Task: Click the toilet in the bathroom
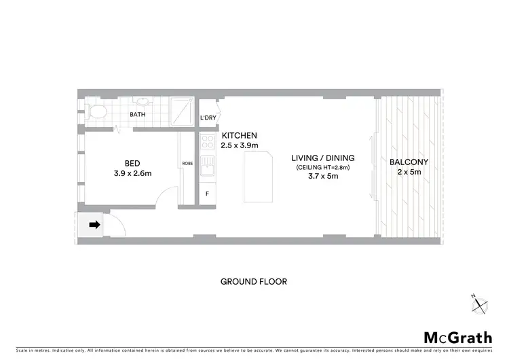(x=97, y=111)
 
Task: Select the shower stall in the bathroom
(x=181, y=111)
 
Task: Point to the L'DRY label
(x=208, y=119)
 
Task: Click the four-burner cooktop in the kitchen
(x=208, y=143)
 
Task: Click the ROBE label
(x=188, y=164)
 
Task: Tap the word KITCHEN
(x=239, y=136)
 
